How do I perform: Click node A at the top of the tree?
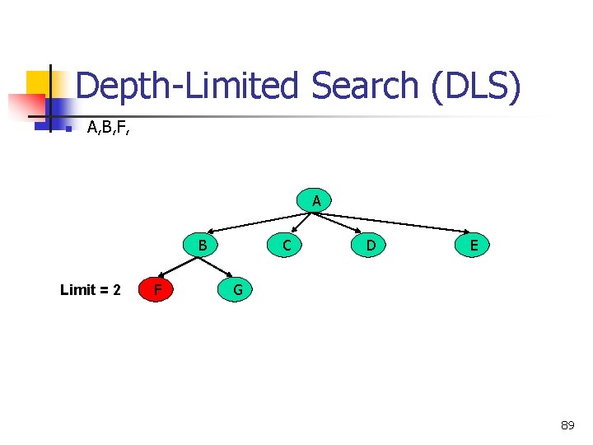click(x=316, y=200)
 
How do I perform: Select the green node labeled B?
click(x=203, y=245)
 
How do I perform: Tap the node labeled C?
click(x=286, y=245)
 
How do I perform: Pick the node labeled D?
click(x=371, y=245)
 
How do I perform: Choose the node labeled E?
click(x=474, y=245)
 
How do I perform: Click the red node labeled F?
click(x=156, y=289)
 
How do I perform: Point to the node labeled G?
click(x=237, y=289)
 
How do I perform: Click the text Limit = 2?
click(x=91, y=290)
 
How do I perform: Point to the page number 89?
click(x=567, y=425)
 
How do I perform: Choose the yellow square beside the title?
click(x=37, y=82)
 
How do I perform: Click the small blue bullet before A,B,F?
click(x=69, y=128)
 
